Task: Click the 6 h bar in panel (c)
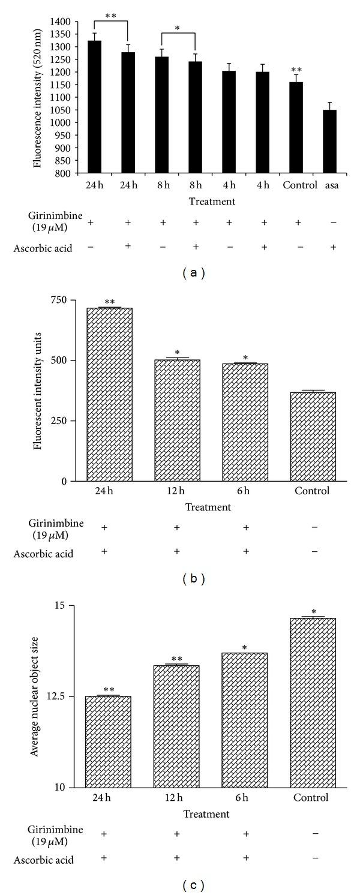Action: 245,720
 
